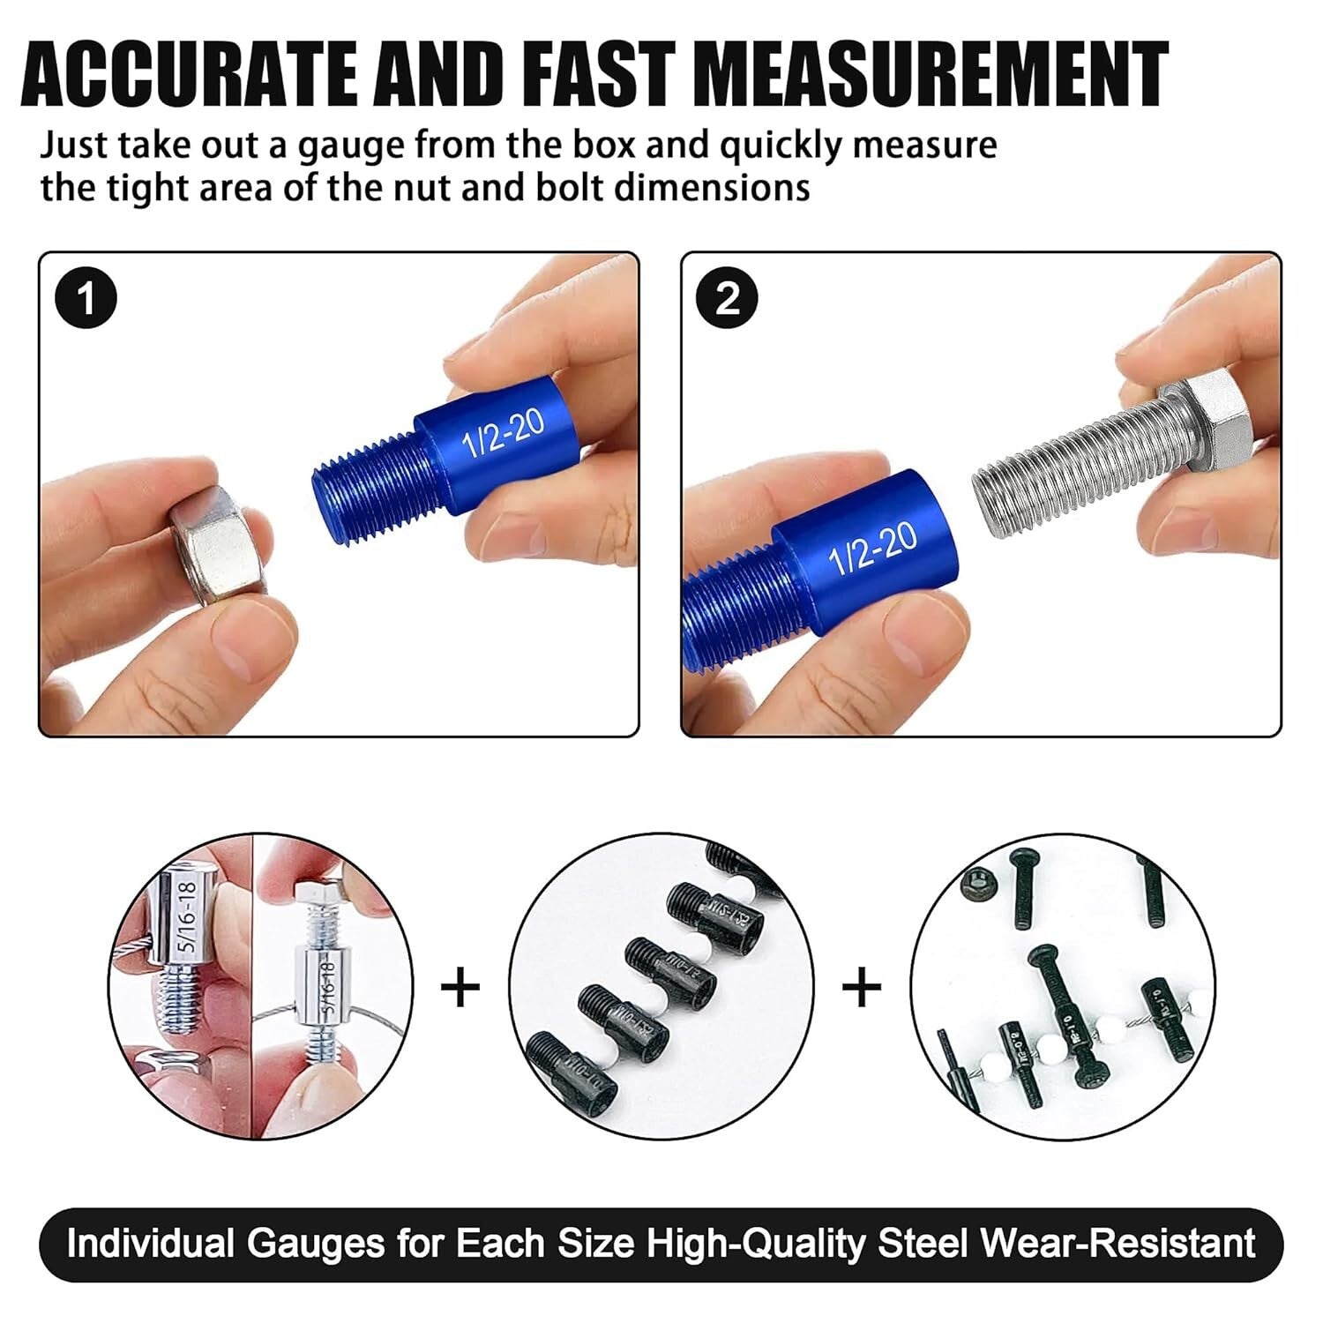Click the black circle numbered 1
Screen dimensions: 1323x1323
click(86, 300)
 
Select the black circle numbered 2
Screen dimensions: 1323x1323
click(727, 300)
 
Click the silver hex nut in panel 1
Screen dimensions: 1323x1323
click(216, 547)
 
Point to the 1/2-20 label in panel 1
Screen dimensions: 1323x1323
click(504, 432)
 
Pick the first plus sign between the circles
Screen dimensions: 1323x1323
click(460, 988)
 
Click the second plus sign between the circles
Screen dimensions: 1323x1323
click(862, 988)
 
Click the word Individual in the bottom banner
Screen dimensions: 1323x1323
click(150, 1243)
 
